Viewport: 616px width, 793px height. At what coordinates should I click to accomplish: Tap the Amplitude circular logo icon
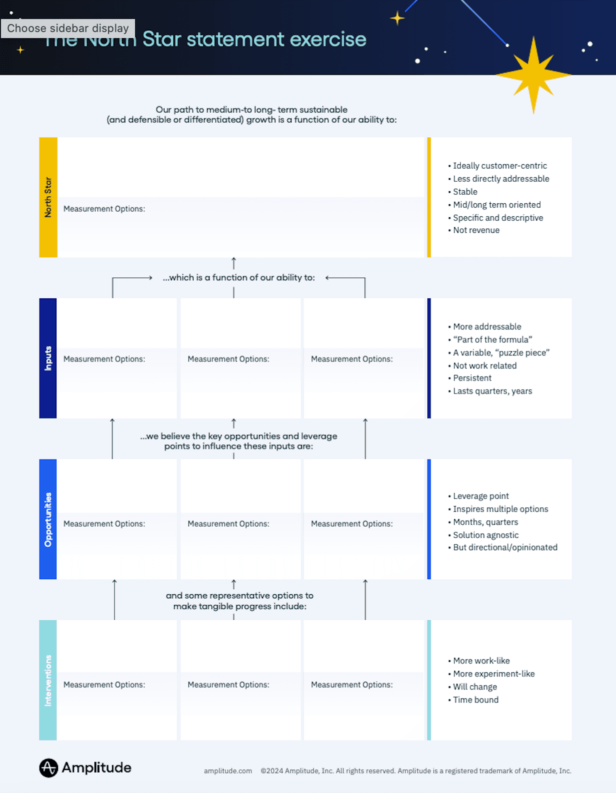(x=48, y=767)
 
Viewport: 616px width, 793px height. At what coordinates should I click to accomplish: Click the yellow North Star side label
(x=48, y=197)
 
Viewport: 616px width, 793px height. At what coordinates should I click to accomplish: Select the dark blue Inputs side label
(x=48, y=358)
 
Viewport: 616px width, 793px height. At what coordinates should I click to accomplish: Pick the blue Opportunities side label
(x=48, y=519)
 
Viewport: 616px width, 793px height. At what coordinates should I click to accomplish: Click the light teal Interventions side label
(x=48, y=680)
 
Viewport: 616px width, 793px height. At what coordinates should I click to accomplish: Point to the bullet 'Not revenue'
(x=476, y=230)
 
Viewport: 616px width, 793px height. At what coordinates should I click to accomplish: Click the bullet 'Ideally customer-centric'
(x=499, y=166)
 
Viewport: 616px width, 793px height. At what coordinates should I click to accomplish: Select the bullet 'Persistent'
(x=472, y=378)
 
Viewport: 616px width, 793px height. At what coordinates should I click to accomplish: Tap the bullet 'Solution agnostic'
(x=485, y=535)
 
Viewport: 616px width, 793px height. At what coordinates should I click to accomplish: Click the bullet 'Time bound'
(x=475, y=700)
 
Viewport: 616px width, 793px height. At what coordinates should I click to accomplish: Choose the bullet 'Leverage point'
(x=480, y=496)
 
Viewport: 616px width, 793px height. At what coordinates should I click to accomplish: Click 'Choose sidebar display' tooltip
(x=68, y=28)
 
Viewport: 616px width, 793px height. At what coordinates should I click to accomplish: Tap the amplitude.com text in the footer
(x=227, y=771)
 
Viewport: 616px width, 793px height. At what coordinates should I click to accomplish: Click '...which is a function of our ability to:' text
(x=238, y=277)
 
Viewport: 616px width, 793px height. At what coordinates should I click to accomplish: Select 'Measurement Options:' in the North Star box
(x=104, y=209)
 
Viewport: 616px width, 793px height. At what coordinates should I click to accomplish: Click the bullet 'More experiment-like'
(x=493, y=674)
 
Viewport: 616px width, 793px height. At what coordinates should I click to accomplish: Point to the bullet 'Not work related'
(x=484, y=365)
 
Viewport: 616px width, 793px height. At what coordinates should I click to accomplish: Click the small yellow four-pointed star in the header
(x=397, y=19)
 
